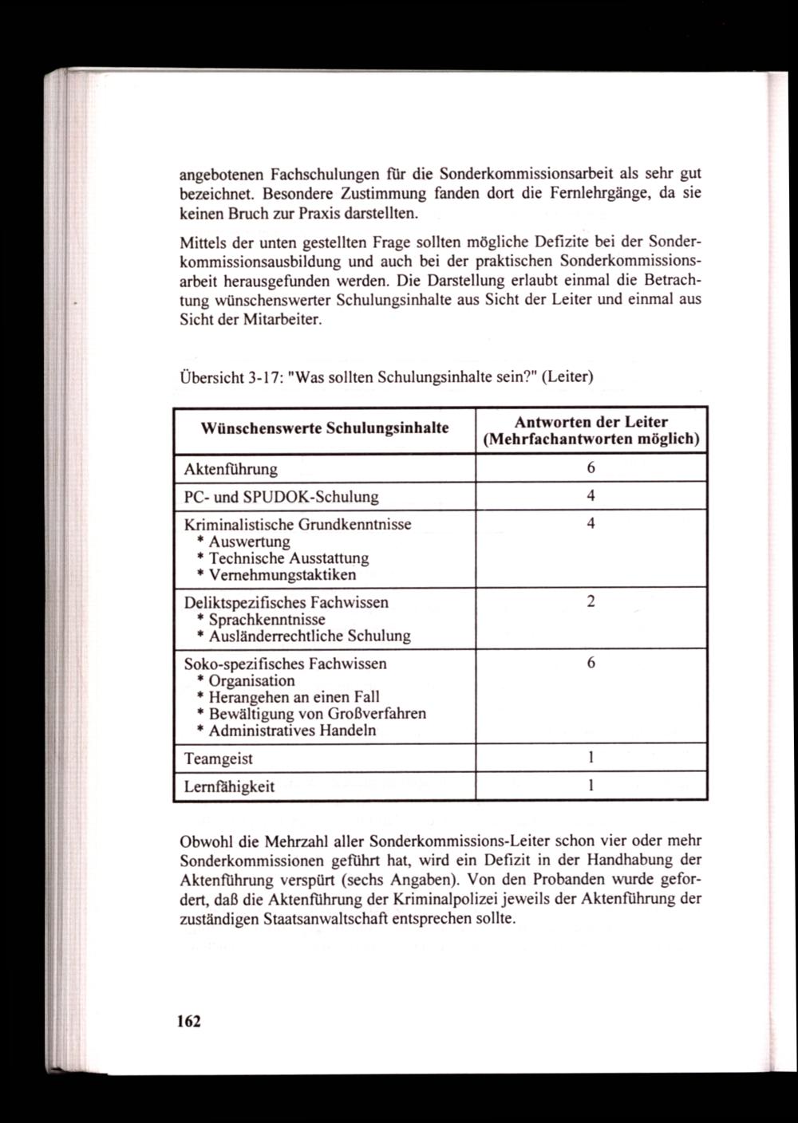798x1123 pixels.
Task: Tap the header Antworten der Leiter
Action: [x=591, y=422]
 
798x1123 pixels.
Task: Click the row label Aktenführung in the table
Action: [x=231, y=468]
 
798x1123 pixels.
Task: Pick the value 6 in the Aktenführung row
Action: [x=591, y=468]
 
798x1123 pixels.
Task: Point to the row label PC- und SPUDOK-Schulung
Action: [x=281, y=496]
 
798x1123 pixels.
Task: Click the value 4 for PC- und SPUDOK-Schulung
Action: [x=591, y=496]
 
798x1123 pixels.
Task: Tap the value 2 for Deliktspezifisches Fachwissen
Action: [x=591, y=602]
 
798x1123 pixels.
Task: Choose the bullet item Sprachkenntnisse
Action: [x=267, y=619]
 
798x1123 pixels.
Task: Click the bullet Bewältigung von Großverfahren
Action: [x=317, y=714]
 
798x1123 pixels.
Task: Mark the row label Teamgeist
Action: [x=218, y=758]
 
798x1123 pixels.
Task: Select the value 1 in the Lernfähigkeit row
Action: [x=591, y=786]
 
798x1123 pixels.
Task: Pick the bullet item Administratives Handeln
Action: [x=292, y=731]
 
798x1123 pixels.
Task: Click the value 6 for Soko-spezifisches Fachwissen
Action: [x=591, y=664]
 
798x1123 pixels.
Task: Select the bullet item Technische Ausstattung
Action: [x=288, y=558]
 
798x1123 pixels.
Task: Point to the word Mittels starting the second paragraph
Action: [x=199, y=241]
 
